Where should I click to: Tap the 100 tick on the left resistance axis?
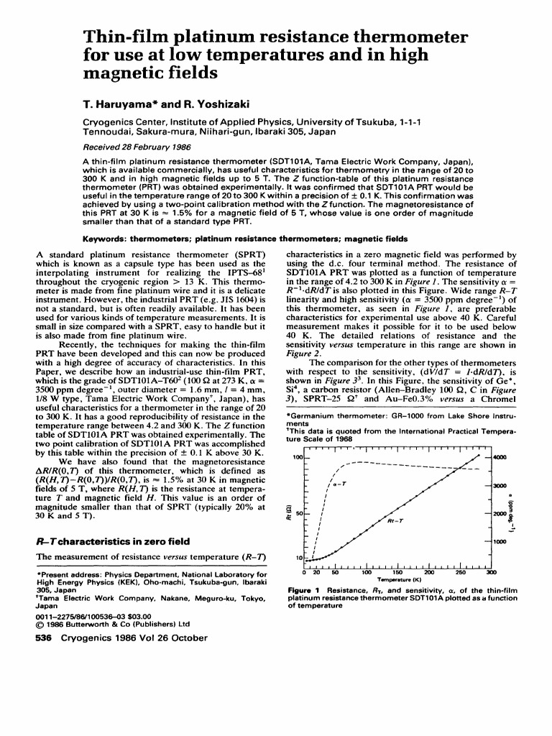(x=295, y=457)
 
